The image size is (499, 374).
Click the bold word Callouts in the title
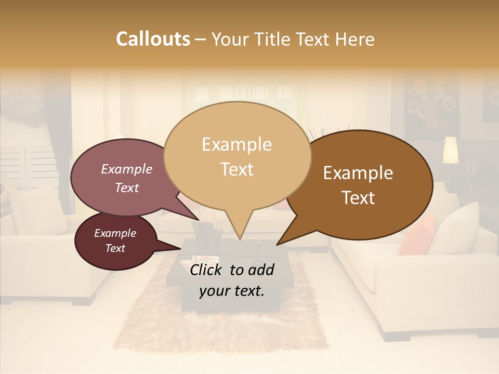click(x=153, y=39)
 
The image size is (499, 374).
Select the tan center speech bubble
click(x=237, y=156)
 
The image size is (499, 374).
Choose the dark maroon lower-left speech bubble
click(x=115, y=241)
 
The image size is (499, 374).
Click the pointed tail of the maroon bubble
click(x=182, y=241)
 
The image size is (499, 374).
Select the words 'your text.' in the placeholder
click(x=231, y=291)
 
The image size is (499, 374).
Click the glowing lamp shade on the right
click(x=451, y=150)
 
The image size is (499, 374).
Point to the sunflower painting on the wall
click(x=431, y=104)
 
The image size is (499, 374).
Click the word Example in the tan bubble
click(x=237, y=144)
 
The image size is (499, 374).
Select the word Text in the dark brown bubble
click(x=359, y=198)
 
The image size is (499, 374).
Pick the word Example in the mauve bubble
click(x=127, y=169)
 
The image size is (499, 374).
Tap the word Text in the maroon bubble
click(x=115, y=248)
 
